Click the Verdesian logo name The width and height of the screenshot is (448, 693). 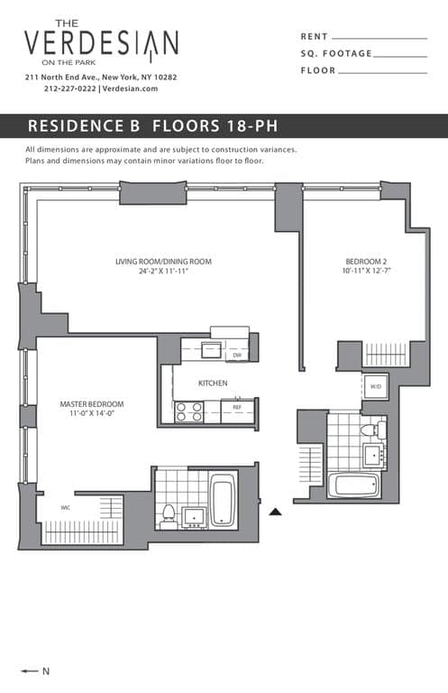(x=101, y=42)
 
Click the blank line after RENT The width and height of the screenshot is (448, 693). (x=379, y=38)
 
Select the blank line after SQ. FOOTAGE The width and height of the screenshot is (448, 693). (x=399, y=55)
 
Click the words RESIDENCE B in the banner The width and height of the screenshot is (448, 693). (x=83, y=125)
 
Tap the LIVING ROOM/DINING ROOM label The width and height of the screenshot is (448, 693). (x=163, y=262)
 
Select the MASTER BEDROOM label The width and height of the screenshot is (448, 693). (x=92, y=403)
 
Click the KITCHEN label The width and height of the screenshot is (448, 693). (x=213, y=383)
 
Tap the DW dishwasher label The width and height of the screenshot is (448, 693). (x=237, y=356)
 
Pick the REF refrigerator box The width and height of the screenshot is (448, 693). (x=238, y=407)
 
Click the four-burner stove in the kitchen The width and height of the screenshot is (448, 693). (x=189, y=411)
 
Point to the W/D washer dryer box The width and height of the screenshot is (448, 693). (x=376, y=387)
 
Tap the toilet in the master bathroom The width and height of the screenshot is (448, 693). (x=168, y=515)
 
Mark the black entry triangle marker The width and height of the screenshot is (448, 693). (x=277, y=511)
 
